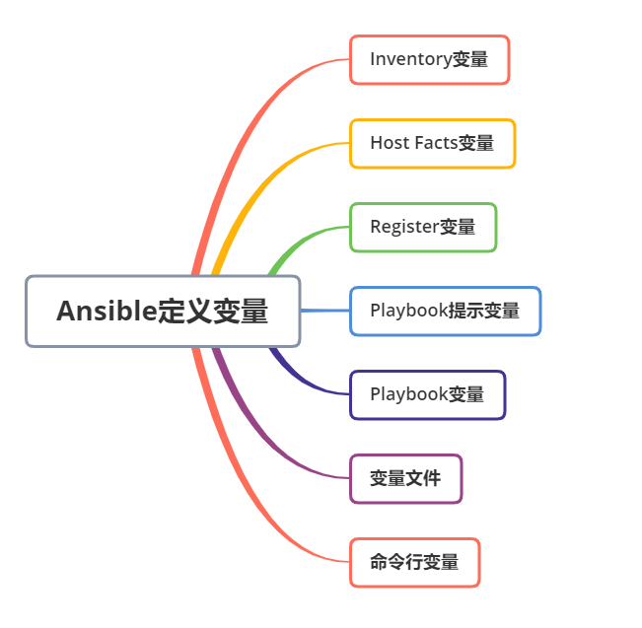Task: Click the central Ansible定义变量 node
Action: [x=163, y=312]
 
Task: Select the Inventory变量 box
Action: [x=429, y=60]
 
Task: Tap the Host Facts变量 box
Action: [x=432, y=144]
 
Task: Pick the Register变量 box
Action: [x=423, y=228]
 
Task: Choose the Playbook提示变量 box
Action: [x=445, y=312]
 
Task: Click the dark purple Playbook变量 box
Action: [x=427, y=395]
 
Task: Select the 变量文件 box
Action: [x=405, y=479]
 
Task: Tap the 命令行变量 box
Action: [x=414, y=563]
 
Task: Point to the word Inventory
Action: [x=410, y=60]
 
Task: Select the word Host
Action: [x=389, y=144]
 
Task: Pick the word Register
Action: [x=403, y=228]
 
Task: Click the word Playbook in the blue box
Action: [x=408, y=312]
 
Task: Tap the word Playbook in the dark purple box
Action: [x=408, y=395]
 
